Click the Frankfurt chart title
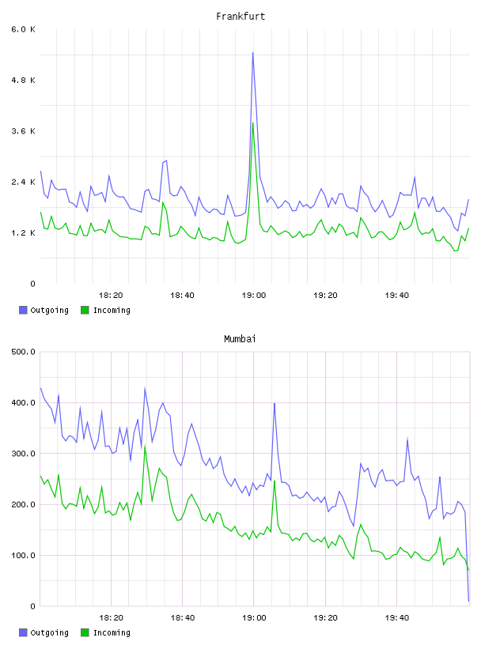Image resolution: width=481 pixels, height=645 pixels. (240, 17)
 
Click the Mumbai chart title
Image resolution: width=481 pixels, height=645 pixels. (240, 339)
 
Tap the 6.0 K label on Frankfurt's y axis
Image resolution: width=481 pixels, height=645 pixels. (24, 29)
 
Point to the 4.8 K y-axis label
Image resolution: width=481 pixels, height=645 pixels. (24, 80)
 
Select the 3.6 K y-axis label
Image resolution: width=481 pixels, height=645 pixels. (24, 131)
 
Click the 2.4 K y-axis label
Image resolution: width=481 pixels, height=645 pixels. (24, 183)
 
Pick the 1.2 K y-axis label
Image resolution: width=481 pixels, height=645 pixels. (24, 233)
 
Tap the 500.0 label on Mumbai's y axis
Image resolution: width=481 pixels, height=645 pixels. (24, 352)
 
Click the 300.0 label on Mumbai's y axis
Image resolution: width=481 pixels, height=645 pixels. (24, 454)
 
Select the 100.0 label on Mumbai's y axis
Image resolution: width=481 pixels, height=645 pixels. (24, 556)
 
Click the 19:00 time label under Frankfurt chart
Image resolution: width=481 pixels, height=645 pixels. (254, 296)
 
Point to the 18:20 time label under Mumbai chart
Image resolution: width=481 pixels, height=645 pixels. (111, 618)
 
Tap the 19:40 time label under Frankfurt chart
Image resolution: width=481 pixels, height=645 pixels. (396, 296)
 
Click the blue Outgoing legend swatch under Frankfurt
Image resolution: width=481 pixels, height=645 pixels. (23, 310)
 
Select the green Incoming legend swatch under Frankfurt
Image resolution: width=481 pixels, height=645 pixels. (85, 310)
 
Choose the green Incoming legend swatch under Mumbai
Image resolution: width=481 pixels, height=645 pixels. (85, 632)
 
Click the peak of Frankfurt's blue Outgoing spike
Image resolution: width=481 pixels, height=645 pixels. (253, 53)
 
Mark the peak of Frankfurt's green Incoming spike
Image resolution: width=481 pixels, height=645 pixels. (253, 123)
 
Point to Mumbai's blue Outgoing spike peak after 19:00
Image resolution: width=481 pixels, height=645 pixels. (275, 404)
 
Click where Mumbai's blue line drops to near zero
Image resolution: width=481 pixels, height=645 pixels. (468, 602)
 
